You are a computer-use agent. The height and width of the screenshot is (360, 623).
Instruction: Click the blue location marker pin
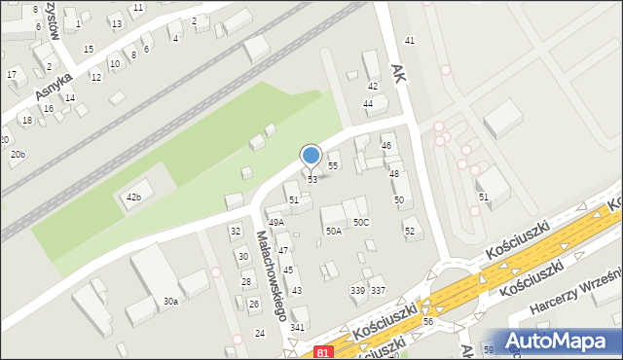(311, 156)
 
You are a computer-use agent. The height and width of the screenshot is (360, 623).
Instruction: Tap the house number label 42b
(133, 198)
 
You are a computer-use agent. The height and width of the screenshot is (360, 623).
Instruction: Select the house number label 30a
(170, 302)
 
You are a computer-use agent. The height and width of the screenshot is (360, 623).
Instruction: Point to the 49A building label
(276, 223)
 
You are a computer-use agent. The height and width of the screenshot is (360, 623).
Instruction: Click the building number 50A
(334, 231)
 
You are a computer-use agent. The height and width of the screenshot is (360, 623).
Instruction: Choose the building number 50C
(361, 223)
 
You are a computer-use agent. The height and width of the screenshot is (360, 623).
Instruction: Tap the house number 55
(333, 166)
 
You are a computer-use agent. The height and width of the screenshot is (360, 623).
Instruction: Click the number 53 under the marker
(312, 180)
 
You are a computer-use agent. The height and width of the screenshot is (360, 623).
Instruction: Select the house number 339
(357, 291)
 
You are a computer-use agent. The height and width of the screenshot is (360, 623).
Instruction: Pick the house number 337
(379, 291)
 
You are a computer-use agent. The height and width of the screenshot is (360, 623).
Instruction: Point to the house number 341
(298, 327)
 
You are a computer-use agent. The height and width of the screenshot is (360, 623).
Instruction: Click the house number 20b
(18, 155)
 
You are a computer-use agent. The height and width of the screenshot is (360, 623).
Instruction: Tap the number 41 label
(410, 40)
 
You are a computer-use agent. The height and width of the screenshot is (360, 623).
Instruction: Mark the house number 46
(386, 145)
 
